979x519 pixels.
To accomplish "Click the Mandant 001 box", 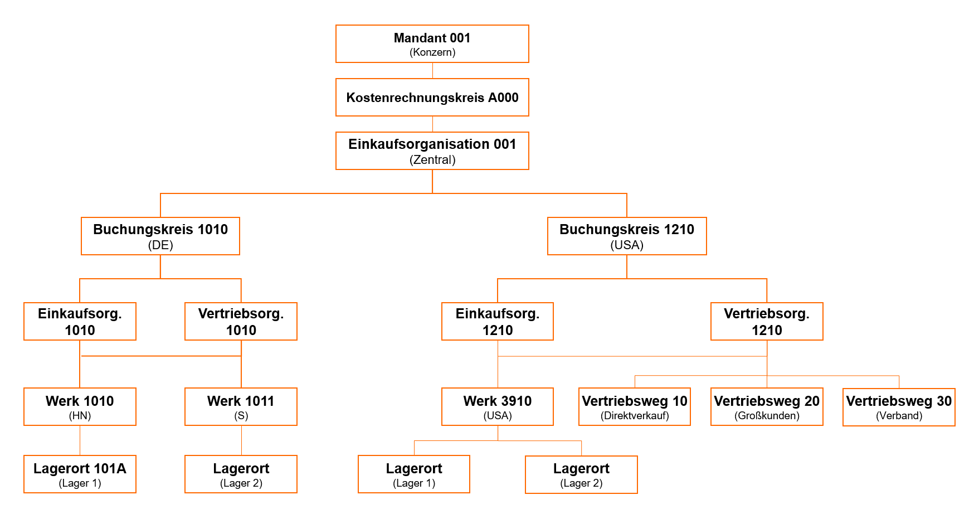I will (432, 43).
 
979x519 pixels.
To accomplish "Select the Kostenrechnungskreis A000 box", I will (432, 98).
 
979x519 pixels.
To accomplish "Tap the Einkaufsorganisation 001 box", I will (432, 151).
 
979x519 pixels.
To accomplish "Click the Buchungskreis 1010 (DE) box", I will (160, 236).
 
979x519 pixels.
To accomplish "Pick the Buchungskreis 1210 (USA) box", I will (627, 236).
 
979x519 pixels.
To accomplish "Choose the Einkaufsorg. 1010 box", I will (80, 322).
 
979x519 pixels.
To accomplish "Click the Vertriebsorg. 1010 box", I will (241, 322).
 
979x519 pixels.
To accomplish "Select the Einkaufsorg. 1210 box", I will (498, 322).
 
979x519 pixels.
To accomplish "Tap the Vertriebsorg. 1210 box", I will (767, 322).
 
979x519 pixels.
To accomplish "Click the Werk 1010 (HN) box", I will (80, 407).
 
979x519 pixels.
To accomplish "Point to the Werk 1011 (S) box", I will (241, 407).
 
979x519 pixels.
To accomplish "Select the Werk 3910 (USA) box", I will (498, 407).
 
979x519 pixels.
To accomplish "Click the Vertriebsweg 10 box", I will (635, 407).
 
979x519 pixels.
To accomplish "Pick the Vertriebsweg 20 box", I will (767, 407).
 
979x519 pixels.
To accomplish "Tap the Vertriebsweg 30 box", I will (899, 408).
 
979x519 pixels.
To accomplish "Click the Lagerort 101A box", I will (80, 474).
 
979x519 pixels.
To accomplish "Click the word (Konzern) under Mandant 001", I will (432, 52).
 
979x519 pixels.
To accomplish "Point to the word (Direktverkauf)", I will (635, 416).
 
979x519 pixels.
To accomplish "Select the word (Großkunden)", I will (767, 416).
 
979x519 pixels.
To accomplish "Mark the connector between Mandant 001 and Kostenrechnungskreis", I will (432, 71).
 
